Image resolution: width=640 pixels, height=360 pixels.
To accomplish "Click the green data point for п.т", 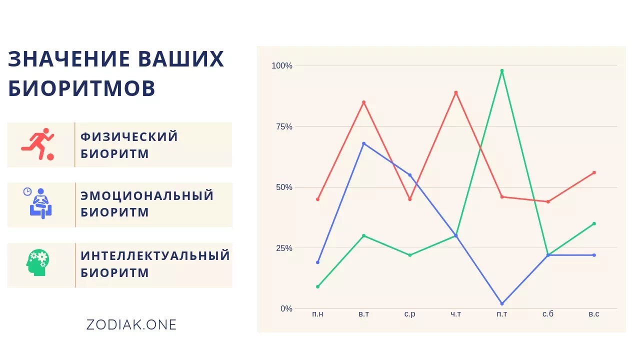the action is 502,70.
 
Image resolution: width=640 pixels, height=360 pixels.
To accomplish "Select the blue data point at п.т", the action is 502,303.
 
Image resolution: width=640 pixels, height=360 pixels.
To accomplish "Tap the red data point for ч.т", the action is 455,92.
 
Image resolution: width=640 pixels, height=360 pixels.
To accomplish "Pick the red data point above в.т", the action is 363,102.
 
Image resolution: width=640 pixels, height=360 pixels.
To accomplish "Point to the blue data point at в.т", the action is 363,143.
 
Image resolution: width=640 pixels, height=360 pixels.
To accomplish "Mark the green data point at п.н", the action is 317,286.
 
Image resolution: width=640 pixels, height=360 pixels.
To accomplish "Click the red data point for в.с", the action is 594,172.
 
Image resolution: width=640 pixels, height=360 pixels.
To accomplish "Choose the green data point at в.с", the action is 594,223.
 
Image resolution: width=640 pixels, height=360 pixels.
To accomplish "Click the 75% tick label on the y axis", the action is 284,126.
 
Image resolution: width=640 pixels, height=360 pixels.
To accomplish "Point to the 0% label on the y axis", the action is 286,308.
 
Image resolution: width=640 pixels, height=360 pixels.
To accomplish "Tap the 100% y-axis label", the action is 282,65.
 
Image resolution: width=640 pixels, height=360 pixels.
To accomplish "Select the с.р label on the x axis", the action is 409,314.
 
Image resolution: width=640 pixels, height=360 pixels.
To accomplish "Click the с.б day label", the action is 548,313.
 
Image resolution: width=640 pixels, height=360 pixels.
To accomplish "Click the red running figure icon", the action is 37,144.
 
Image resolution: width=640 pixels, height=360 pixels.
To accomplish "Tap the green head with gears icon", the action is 37,262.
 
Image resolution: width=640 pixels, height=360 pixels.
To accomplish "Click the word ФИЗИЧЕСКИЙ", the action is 129,136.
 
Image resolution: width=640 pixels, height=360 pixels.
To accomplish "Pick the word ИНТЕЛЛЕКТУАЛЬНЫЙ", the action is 155,255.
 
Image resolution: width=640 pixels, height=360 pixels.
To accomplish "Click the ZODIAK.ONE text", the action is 131,325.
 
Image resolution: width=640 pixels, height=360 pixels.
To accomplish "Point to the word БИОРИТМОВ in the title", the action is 81,88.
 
